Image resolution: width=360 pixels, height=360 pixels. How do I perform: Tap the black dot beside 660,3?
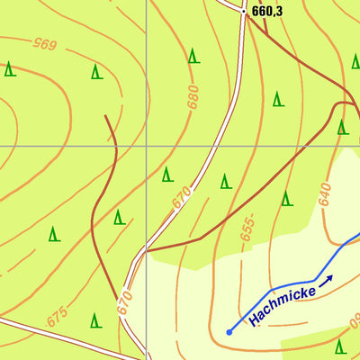click(246, 12)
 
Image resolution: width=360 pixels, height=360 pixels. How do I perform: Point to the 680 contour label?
click(192, 95)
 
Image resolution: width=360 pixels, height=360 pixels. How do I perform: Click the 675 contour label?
click(57, 318)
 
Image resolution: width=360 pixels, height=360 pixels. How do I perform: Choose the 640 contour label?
click(324, 193)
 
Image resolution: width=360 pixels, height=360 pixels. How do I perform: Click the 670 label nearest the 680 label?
click(182, 197)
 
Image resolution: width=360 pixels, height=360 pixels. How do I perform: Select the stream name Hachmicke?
click(279, 301)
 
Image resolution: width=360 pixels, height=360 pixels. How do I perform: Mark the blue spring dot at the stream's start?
click(229, 332)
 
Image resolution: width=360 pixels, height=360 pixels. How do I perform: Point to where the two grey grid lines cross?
click(147, 145)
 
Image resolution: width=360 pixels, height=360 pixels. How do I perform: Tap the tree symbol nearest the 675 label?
click(94, 319)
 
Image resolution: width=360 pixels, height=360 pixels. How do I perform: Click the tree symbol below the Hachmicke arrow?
click(340, 346)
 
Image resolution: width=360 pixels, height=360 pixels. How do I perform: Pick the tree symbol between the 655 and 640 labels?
click(286, 198)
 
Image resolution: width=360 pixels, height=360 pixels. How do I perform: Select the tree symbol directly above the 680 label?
click(193, 56)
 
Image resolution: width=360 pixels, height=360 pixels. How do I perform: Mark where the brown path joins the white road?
click(147, 249)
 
